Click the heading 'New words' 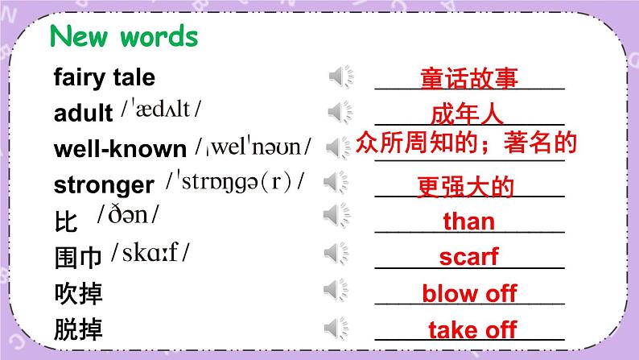click(x=123, y=37)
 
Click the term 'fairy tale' click(x=104, y=77)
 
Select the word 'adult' click(x=84, y=113)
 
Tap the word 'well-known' click(x=120, y=149)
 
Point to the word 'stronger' click(x=103, y=184)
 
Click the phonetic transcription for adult click(x=161, y=110)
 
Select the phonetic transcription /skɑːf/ click(x=151, y=254)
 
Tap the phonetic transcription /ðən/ click(x=128, y=216)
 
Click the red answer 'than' click(x=469, y=221)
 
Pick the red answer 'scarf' click(x=468, y=257)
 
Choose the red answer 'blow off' click(x=469, y=293)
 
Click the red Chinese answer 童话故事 click(x=468, y=79)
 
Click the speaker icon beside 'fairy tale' click(x=340, y=77)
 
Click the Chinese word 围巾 click(x=77, y=258)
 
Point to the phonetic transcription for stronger click(x=235, y=182)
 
